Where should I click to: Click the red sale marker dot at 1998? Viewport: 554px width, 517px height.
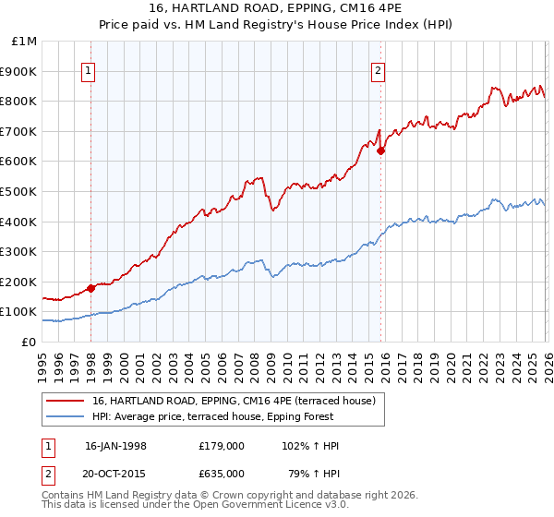coord(90,288)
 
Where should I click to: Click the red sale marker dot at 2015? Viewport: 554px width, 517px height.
coord(380,151)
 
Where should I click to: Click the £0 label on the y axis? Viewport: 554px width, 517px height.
coord(29,342)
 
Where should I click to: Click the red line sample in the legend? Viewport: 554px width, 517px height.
coord(66,401)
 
